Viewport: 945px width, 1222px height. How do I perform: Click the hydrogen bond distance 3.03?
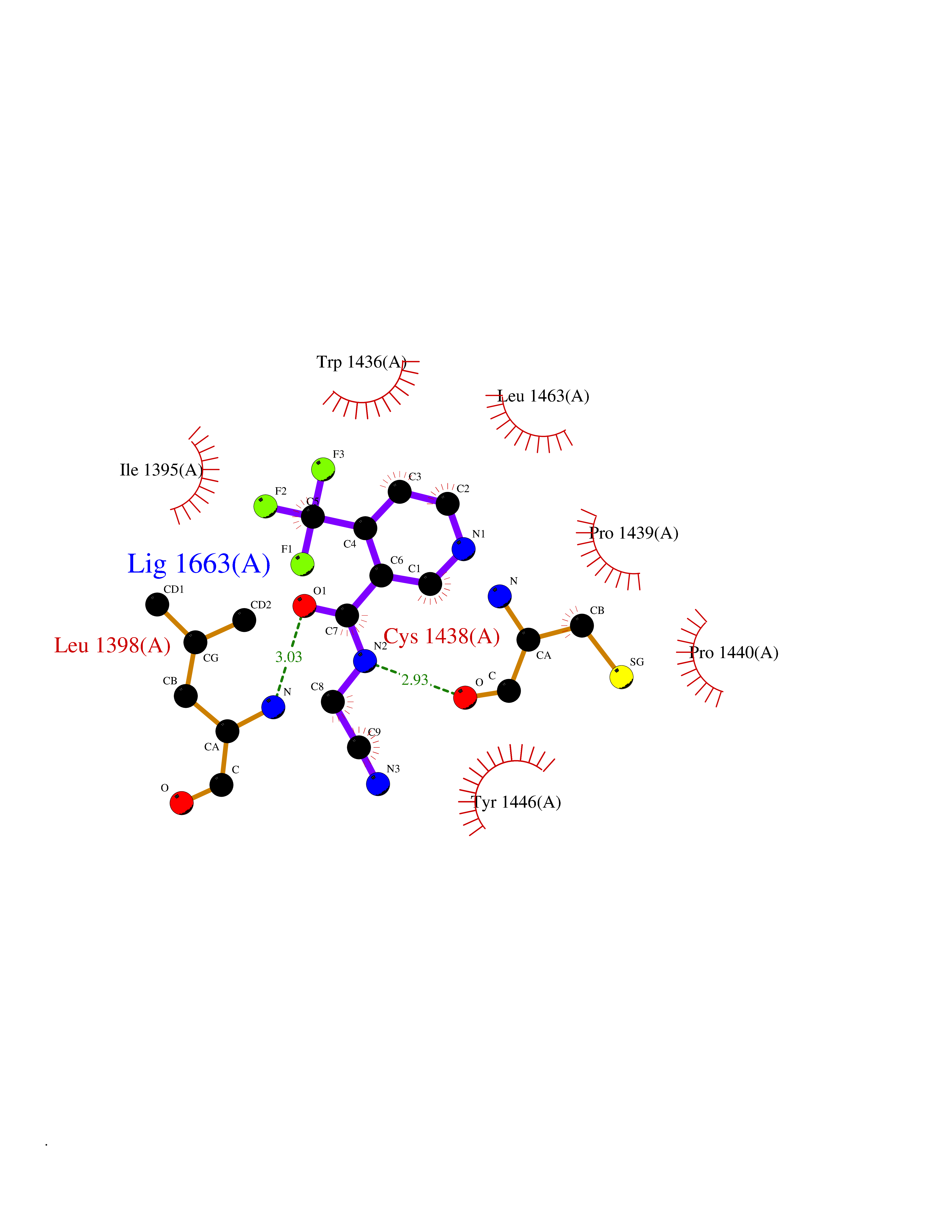[x=289, y=657]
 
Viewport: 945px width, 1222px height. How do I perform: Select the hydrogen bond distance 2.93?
[x=415, y=680]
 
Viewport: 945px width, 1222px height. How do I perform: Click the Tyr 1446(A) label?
[x=517, y=802]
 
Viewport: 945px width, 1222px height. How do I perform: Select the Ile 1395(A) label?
[x=161, y=470]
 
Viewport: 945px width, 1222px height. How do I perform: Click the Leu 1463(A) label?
[x=543, y=396]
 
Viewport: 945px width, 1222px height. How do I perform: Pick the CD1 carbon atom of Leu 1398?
[x=157, y=604]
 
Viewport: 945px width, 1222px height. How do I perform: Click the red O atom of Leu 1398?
[x=181, y=803]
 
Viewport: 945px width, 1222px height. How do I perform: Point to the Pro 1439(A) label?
[x=634, y=533]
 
